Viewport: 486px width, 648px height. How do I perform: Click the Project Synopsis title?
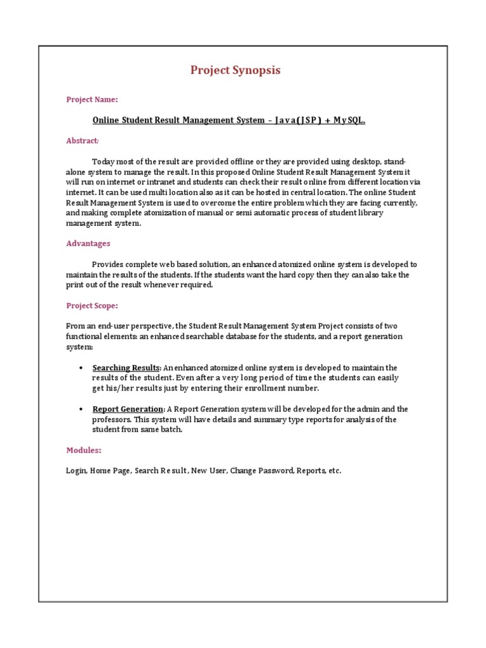pos(235,70)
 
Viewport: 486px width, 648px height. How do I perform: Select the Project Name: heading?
pos(92,99)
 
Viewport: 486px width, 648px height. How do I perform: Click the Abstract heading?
pos(82,140)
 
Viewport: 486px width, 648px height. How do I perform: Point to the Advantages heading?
pos(88,244)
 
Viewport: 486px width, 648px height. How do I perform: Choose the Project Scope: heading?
pos(92,306)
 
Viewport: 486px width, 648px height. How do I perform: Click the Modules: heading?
pos(84,451)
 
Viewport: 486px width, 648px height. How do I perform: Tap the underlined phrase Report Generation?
pos(128,409)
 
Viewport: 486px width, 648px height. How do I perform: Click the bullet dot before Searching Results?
pos(82,368)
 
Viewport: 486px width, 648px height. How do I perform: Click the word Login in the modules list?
pos(76,471)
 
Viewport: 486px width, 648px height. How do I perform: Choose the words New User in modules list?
pos(208,471)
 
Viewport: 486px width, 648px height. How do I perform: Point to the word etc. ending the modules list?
pos(335,471)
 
